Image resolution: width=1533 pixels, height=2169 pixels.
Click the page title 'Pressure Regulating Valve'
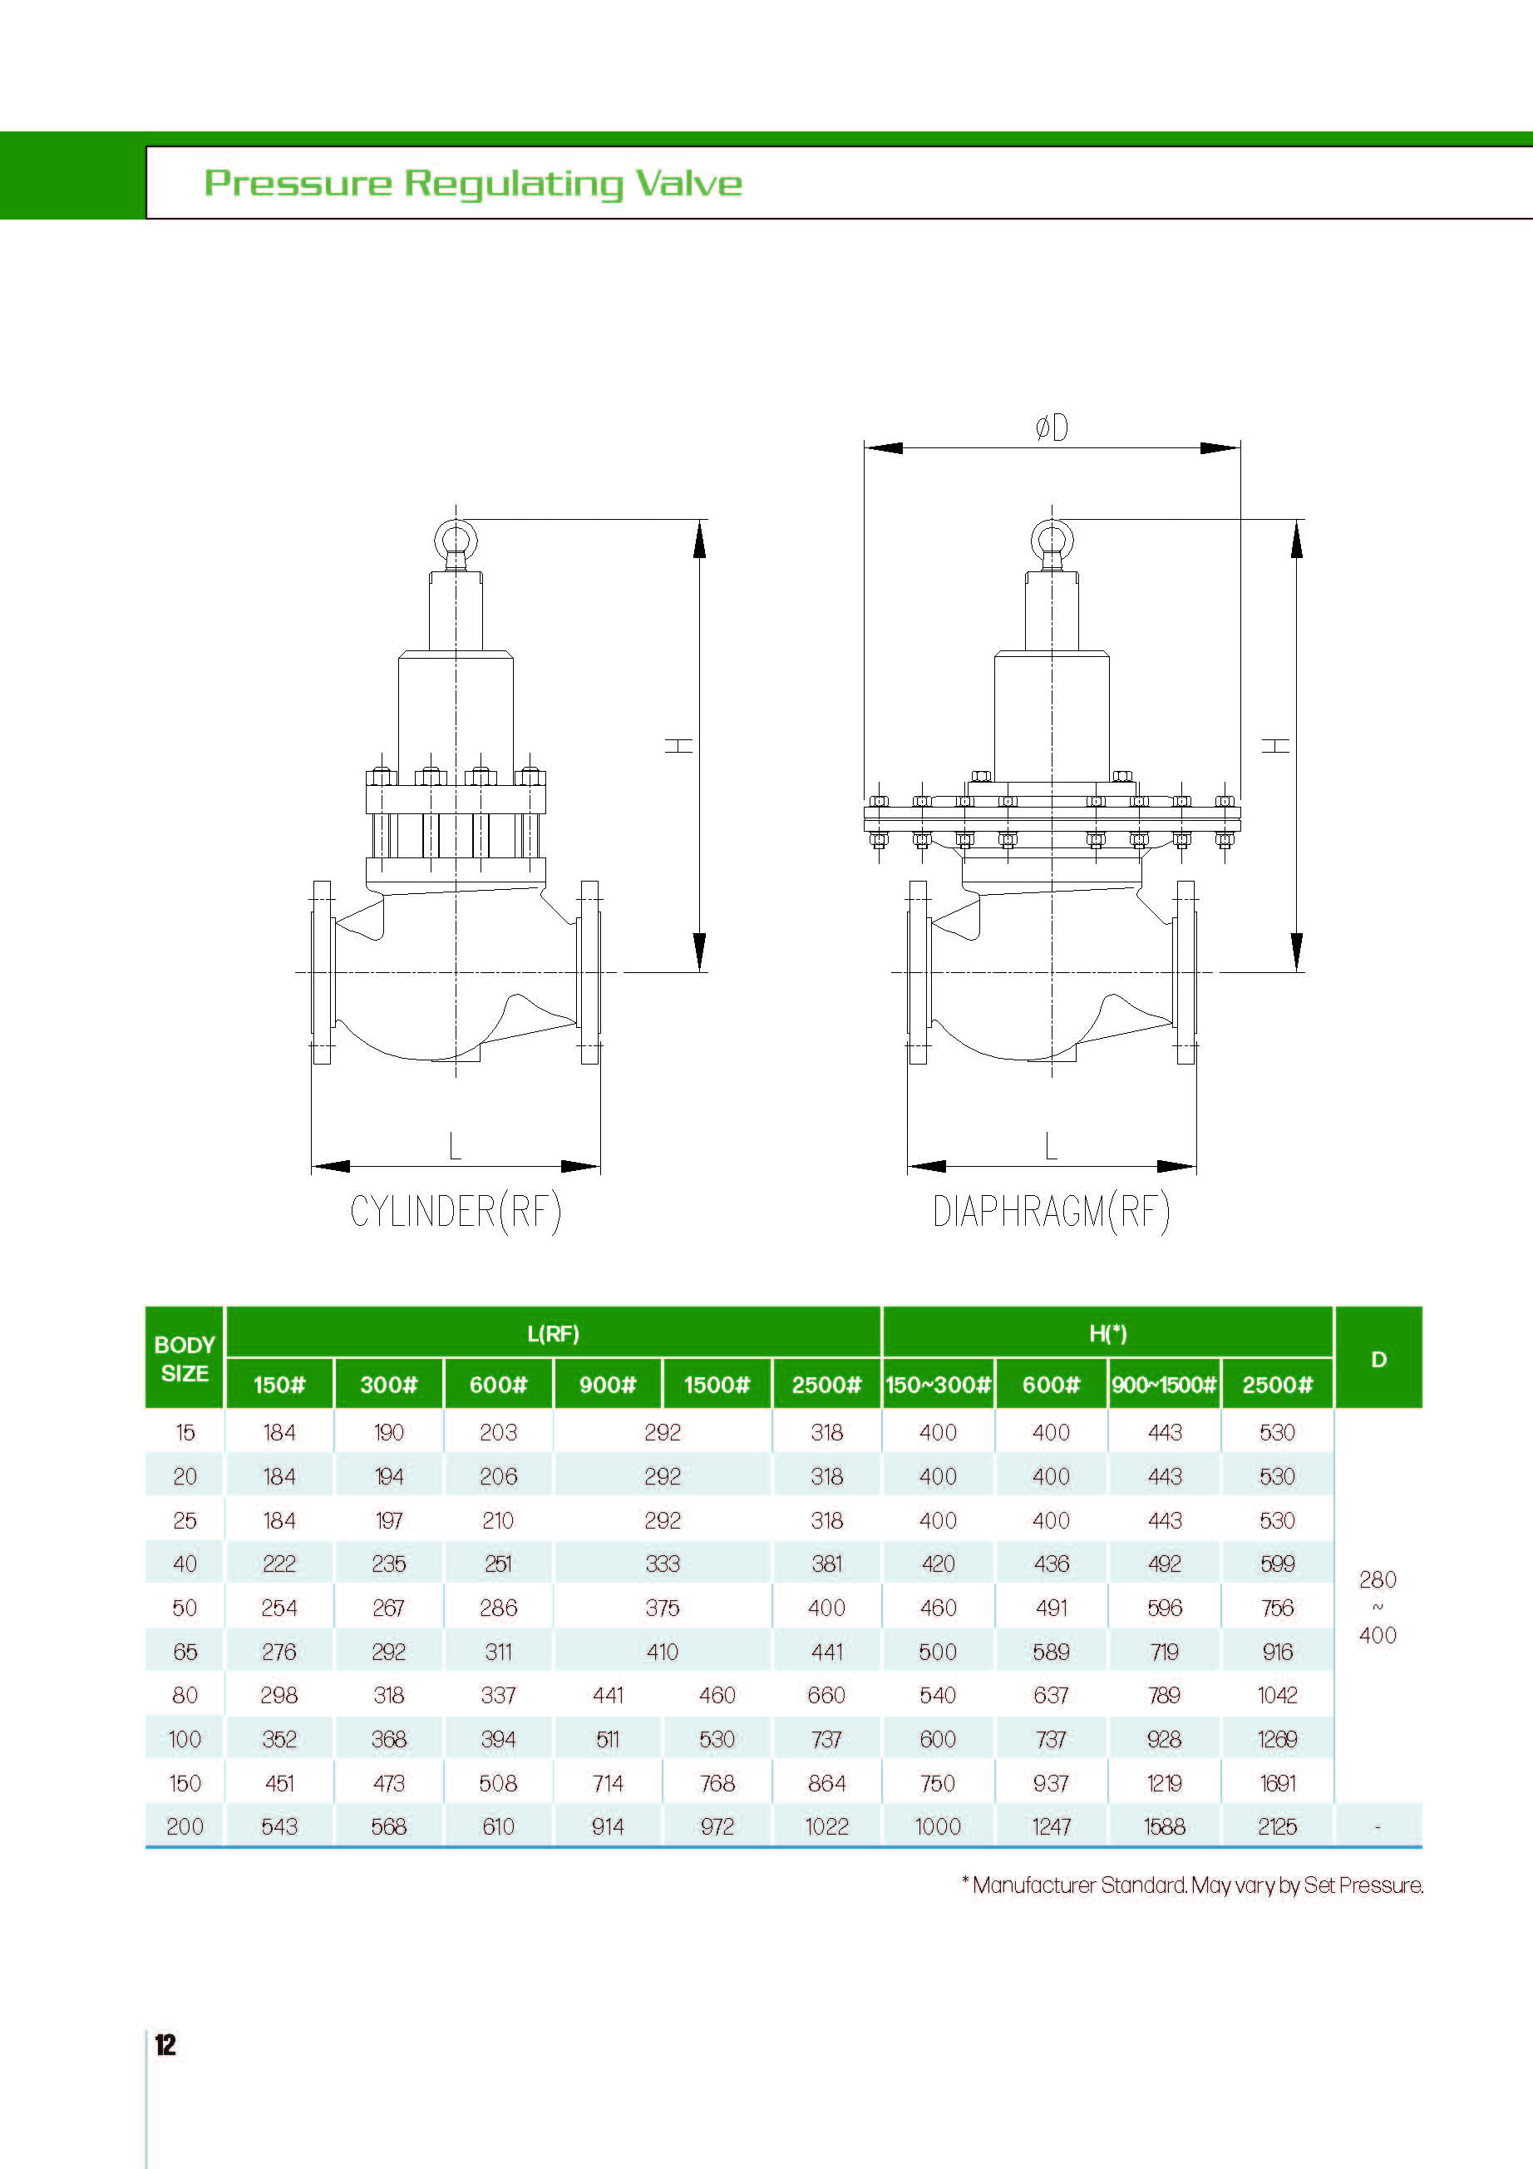pos(473,183)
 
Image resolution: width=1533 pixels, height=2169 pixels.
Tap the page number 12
pos(165,2044)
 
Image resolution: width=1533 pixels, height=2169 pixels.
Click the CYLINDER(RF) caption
pos(456,1211)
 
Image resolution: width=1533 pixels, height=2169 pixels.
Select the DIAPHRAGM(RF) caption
pos(1052,1211)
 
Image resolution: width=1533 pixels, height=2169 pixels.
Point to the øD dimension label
pos(1052,428)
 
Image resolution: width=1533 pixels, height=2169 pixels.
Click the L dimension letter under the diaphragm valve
pos(1052,1146)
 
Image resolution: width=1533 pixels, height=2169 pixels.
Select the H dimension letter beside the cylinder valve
pos(679,745)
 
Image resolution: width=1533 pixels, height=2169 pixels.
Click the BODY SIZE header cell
pos(185,1358)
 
